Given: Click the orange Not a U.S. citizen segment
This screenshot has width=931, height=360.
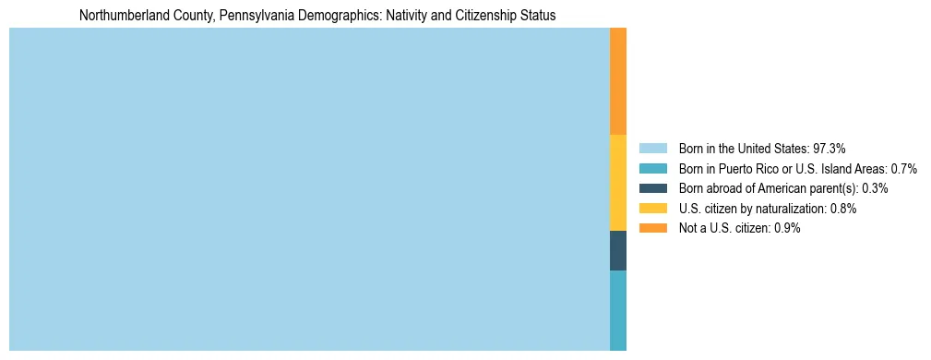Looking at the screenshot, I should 618,81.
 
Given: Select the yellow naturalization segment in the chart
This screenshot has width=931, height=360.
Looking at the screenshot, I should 618,183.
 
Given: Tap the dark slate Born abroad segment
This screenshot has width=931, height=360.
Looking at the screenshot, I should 618,250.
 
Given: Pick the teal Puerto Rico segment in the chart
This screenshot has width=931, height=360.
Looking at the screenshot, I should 618,310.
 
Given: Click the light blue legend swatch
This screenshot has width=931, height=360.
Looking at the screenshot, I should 652,148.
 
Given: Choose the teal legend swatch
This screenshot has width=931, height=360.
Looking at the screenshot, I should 652,168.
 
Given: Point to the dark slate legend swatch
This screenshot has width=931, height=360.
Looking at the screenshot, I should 652,188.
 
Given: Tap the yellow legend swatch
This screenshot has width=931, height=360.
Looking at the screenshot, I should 652,209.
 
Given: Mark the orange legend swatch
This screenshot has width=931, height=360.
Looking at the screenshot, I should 652,228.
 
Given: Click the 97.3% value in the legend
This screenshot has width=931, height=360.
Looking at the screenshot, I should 830,148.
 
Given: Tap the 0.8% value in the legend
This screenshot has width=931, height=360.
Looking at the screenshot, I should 842,209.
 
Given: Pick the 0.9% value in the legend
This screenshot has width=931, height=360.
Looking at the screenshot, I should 786,228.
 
